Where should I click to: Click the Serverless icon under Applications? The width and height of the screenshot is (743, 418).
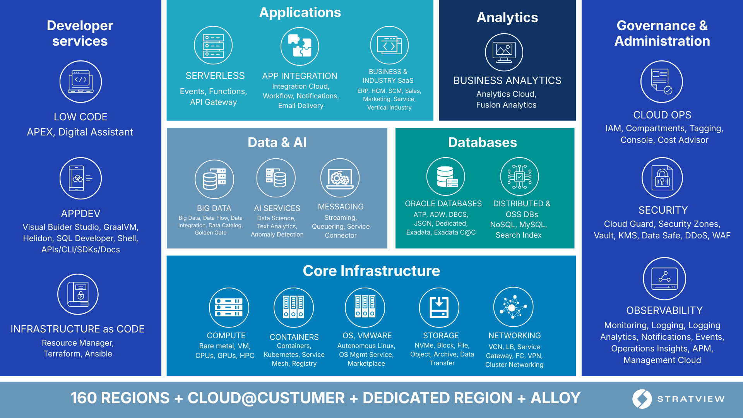213,45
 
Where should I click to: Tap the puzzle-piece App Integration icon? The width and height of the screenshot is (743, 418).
300,46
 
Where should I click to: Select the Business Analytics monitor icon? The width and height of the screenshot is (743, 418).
504,52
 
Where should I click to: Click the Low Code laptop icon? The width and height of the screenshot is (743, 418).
80,82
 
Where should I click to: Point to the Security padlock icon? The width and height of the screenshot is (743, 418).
662,178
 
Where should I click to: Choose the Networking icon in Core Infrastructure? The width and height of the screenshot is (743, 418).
514,307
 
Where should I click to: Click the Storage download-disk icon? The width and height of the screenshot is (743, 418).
439,308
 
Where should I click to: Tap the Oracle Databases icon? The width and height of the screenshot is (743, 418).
446,176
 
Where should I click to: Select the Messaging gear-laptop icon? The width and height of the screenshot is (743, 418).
340,178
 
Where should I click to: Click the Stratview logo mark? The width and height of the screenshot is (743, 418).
642,399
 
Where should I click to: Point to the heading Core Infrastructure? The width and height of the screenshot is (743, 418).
371,271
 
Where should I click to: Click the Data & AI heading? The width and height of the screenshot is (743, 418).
277,142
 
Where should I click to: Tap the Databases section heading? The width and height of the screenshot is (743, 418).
482,142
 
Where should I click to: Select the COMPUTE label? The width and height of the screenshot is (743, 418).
226,336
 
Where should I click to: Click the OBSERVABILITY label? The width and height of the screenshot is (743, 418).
664,310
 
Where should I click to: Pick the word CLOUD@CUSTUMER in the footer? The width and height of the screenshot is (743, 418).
266,398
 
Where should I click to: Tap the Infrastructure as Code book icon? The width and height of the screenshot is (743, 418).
78,295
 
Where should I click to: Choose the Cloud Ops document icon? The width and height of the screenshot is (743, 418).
662,82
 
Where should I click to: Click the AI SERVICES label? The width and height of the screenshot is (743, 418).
277,208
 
